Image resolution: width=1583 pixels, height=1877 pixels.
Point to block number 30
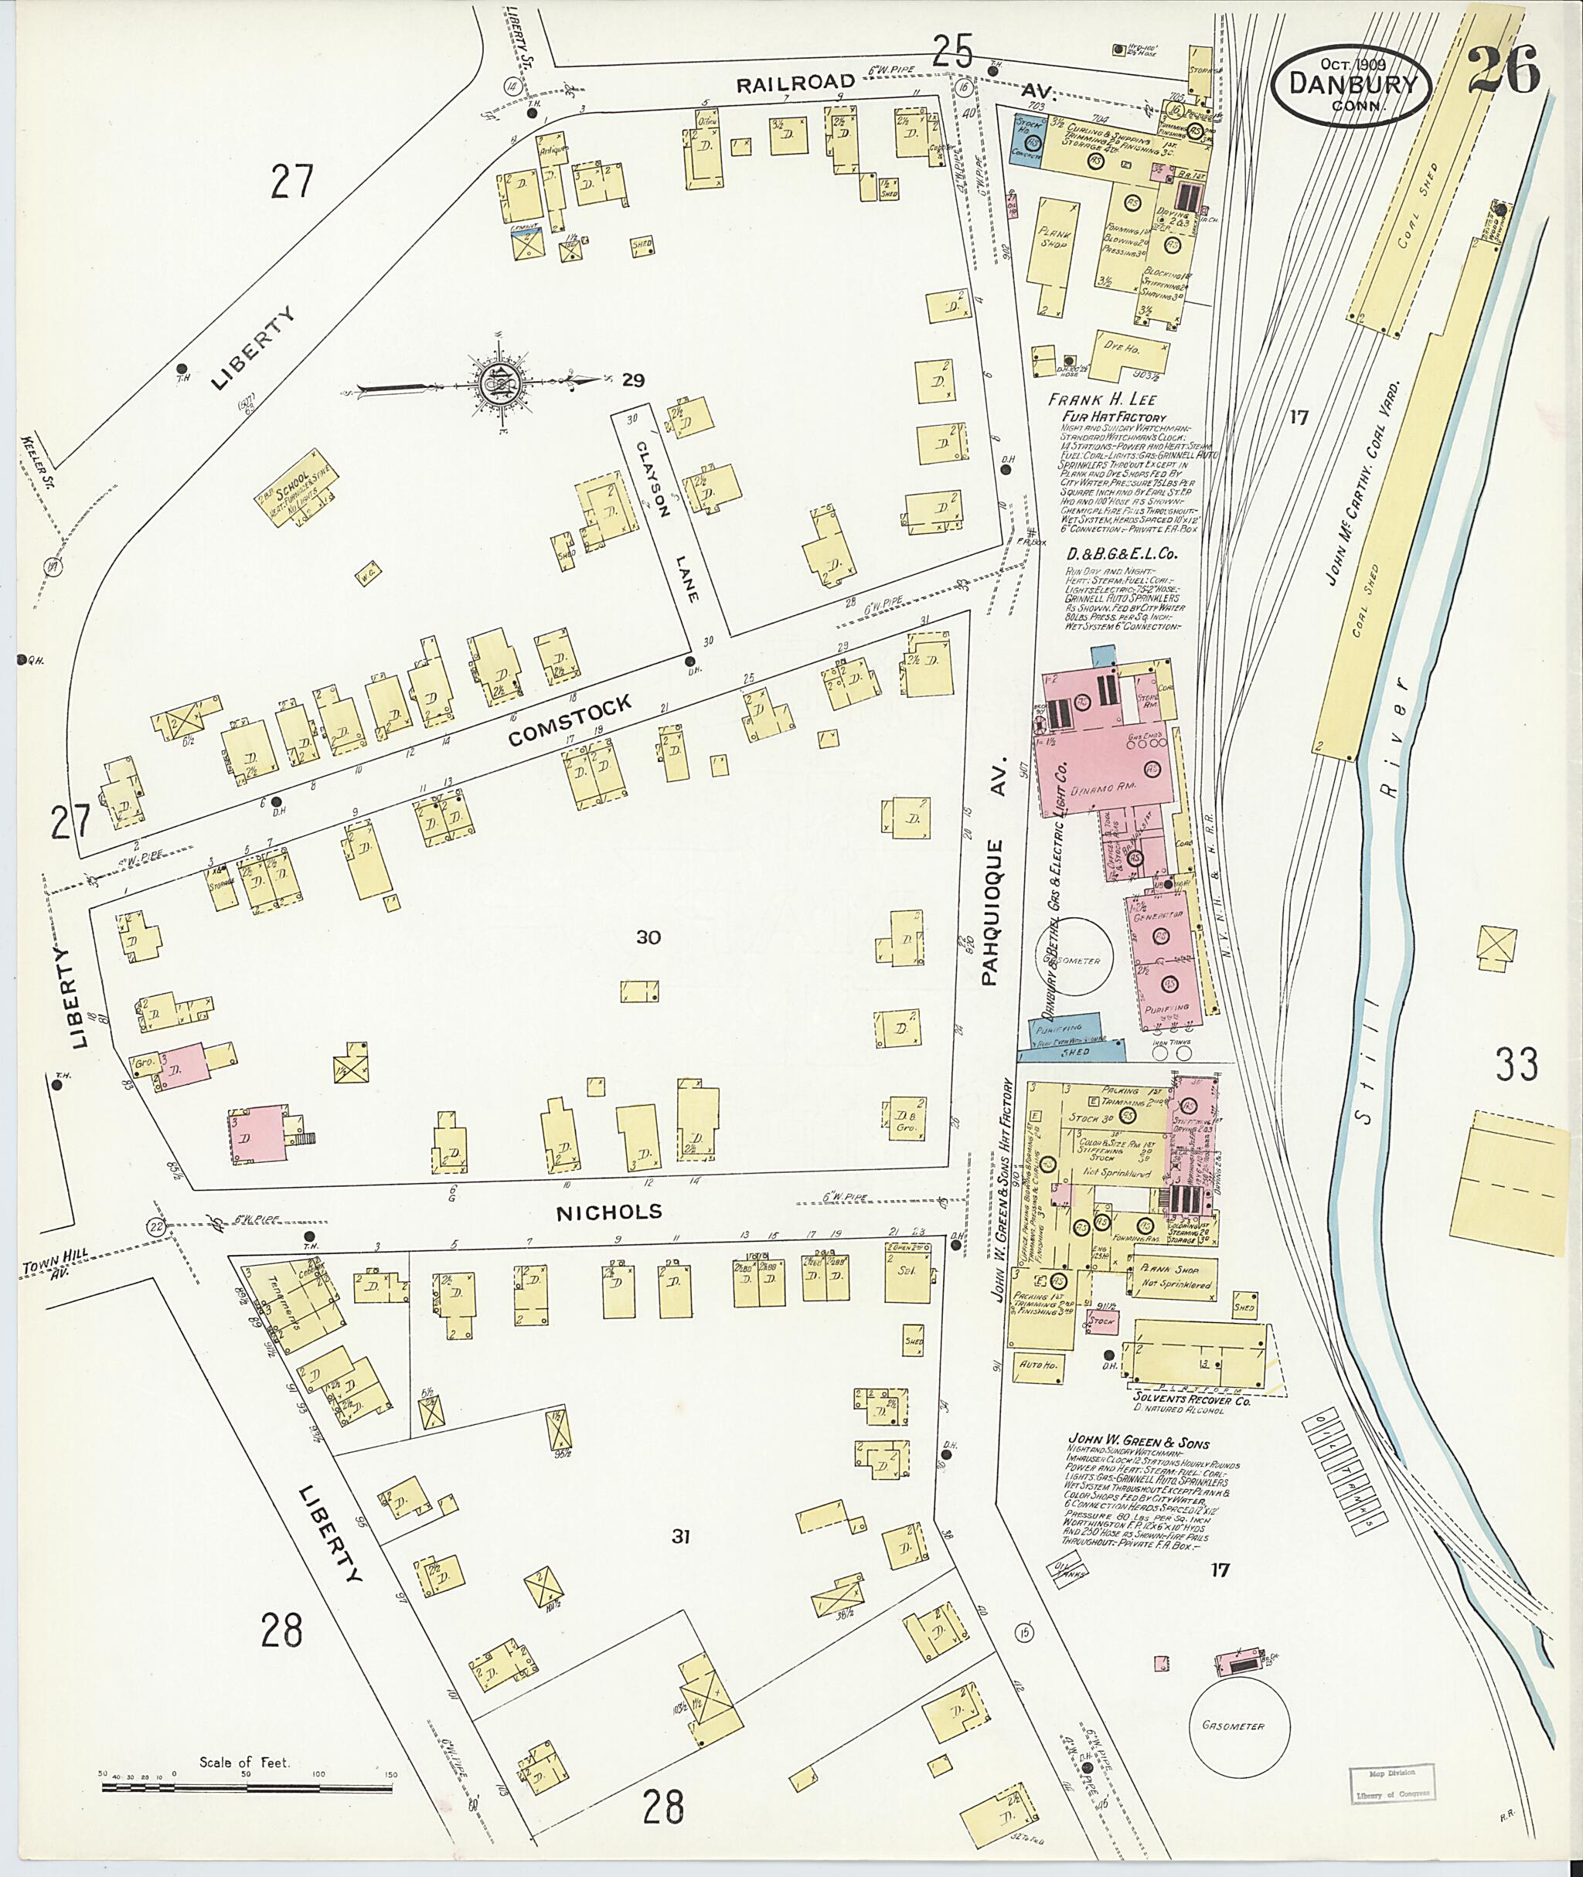[x=648, y=937]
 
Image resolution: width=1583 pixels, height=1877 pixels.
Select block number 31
[x=680, y=1537]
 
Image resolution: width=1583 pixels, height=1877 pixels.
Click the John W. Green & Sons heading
[x=1138, y=1443]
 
